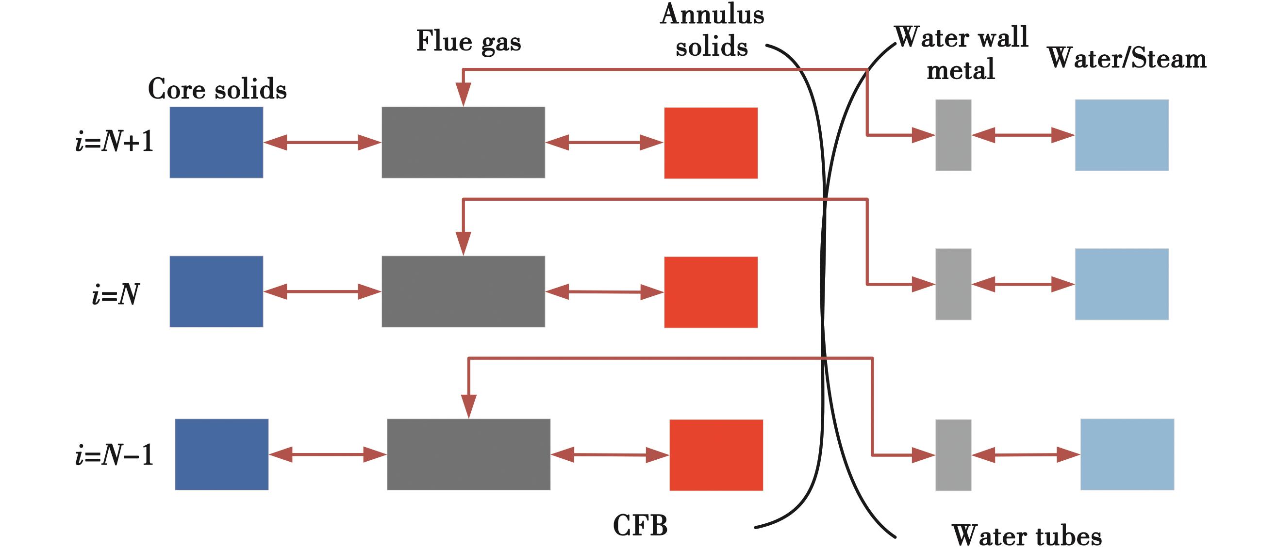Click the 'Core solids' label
click(x=217, y=89)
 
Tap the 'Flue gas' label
click(x=468, y=42)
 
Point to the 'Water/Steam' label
click(x=1127, y=59)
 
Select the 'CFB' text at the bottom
click(x=640, y=526)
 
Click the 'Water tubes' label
click(x=1027, y=536)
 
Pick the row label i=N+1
click(x=115, y=142)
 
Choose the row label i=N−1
click(x=115, y=455)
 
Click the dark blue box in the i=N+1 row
click(x=216, y=143)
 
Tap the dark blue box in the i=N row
click(x=216, y=291)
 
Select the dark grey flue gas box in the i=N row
click(x=463, y=291)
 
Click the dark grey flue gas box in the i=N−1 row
click(x=468, y=454)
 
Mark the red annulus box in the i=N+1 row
click(x=711, y=143)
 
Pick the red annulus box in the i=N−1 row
click(x=716, y=455)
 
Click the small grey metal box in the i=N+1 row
click(x=953, y=135)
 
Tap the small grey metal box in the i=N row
click(x=953, y=284)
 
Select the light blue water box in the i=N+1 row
click(x=1122, y=135)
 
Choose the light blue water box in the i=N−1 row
click(x=1127, y=454)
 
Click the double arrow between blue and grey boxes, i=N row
click(x=322, y=291)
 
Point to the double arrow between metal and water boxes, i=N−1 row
click(x=1026, y=455)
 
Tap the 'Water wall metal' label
click(x=961, y=53)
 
